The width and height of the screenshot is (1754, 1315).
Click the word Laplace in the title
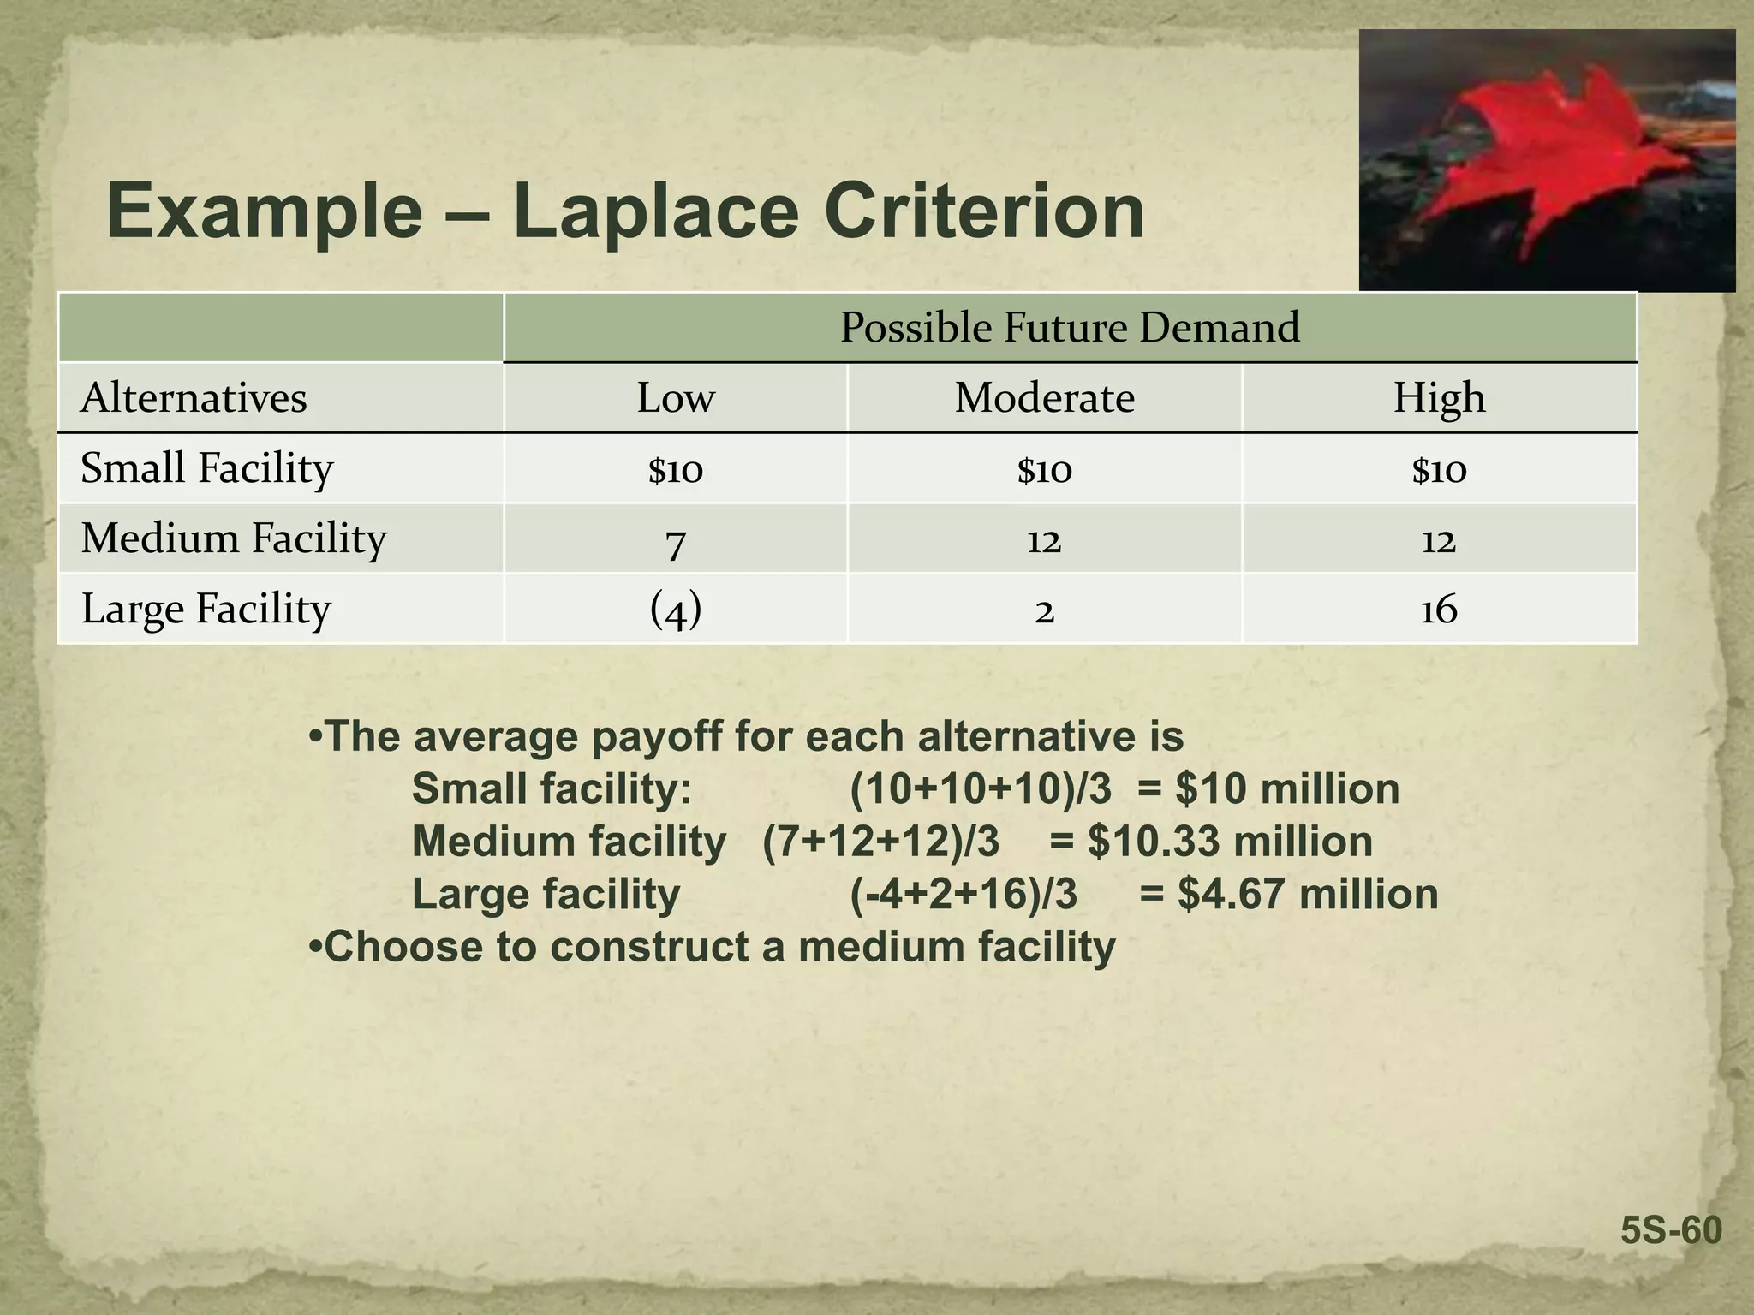click(655, 211)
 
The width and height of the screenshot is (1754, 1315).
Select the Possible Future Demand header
click(1070, 327)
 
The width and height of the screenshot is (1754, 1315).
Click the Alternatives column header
click(194, 398)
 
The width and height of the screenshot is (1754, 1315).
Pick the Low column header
click(676, 398)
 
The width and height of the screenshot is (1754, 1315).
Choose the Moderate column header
click(1044, 398)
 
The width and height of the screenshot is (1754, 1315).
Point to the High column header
click(1439, 398)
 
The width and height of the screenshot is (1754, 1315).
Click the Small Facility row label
click(206, 468)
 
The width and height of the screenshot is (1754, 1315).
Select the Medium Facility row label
click(234, 538)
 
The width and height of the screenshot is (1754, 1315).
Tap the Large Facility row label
click(206, 609)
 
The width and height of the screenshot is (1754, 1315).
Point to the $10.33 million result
click(1230, 842)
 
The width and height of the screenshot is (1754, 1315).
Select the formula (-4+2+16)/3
click(964, 894)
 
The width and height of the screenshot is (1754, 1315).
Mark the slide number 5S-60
click(1671, 1231)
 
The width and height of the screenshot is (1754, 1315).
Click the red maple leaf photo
click(1547, 160)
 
